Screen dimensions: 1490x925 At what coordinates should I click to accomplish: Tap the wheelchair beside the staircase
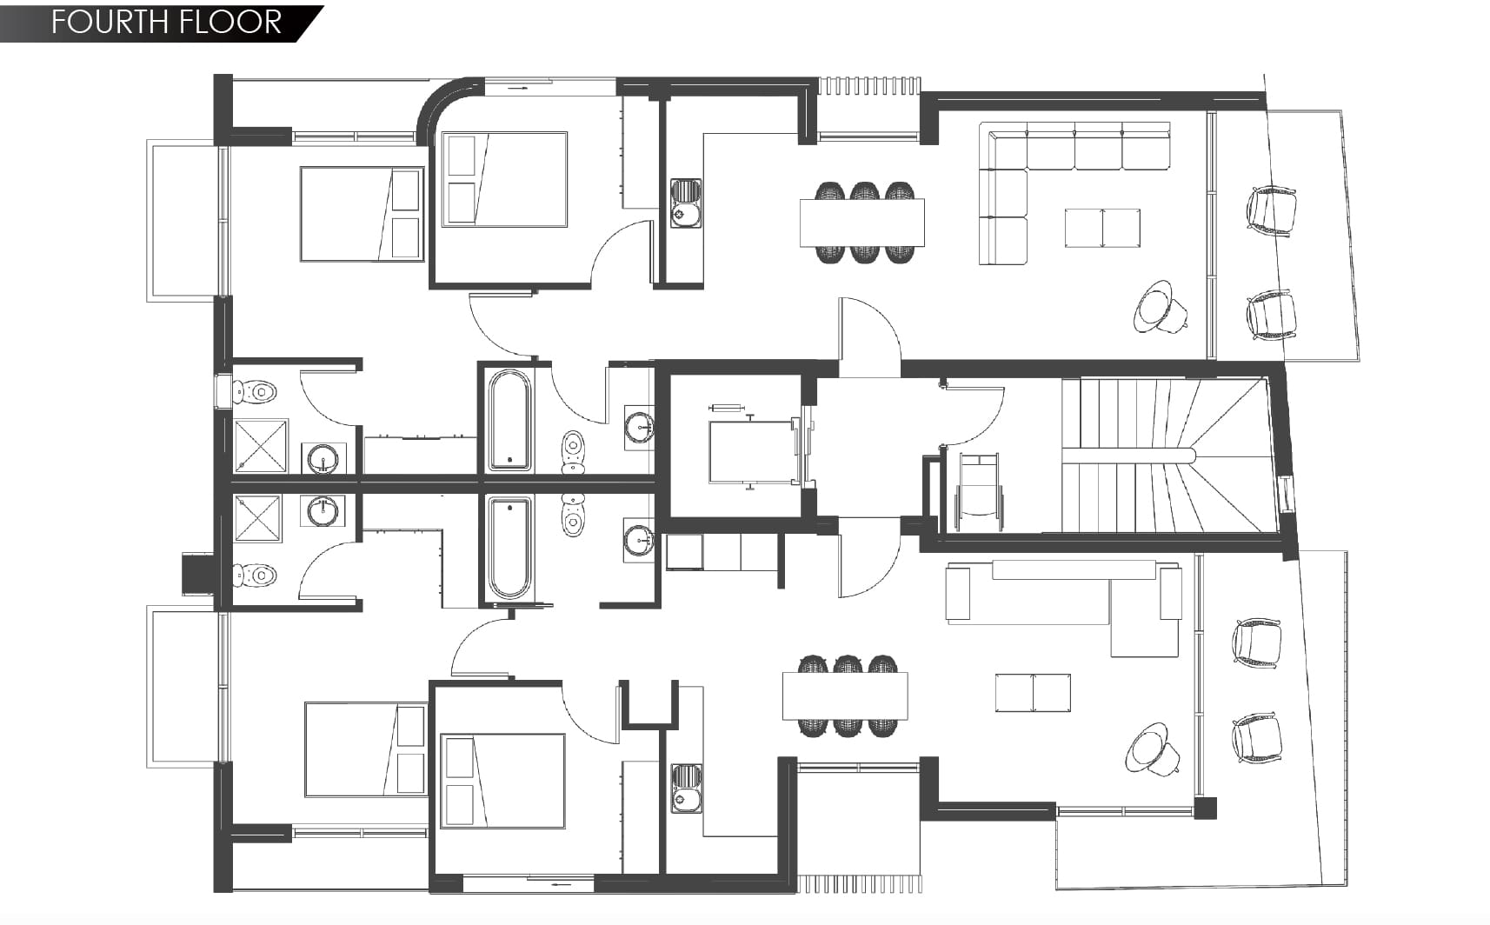979,492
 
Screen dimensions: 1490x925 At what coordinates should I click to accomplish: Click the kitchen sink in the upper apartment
686,203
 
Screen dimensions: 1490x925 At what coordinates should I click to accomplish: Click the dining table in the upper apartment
862,223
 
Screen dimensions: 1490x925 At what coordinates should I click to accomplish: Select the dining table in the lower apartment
845,696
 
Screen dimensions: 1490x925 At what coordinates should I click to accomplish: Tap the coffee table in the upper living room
1102,228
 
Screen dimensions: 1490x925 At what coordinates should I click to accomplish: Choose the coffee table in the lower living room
1033,692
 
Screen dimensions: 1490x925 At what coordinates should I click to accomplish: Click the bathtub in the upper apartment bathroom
510,420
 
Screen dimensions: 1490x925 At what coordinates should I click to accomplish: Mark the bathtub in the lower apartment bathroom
509,548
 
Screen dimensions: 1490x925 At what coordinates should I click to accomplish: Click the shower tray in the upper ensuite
261,445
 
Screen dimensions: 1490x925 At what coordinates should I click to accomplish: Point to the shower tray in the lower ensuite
257,519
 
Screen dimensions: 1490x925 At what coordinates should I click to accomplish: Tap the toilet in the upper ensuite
254,392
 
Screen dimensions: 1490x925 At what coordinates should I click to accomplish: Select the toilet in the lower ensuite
254,575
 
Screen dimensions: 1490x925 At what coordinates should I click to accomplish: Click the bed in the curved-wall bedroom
504,180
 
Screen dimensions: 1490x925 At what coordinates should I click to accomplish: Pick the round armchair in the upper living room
1160,308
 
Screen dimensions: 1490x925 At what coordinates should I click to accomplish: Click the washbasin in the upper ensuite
323,458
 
